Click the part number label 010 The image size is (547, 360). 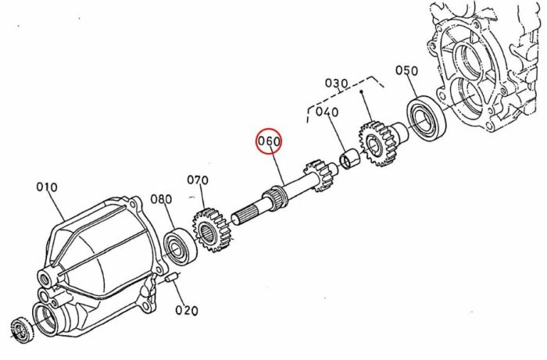click(47, 187)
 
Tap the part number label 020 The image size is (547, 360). click(187, 310)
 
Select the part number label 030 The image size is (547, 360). click(336, 84)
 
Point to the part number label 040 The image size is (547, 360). click(327, 112)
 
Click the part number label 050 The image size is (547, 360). click(406, 70)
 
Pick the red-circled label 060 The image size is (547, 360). click(269, 141)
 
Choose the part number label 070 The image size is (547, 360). click(198, 180)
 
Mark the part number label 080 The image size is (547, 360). click(161, 199)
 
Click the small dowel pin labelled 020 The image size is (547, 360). click(171, 278)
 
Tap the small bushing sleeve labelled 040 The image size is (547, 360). click(349, 159)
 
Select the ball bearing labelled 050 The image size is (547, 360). click(427, 117)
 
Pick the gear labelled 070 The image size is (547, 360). click(213, 230)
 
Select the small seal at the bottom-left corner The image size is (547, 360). click(23, 330)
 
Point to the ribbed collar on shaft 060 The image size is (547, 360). click(275, 197)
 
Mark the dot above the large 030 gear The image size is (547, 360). click(362, 92)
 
